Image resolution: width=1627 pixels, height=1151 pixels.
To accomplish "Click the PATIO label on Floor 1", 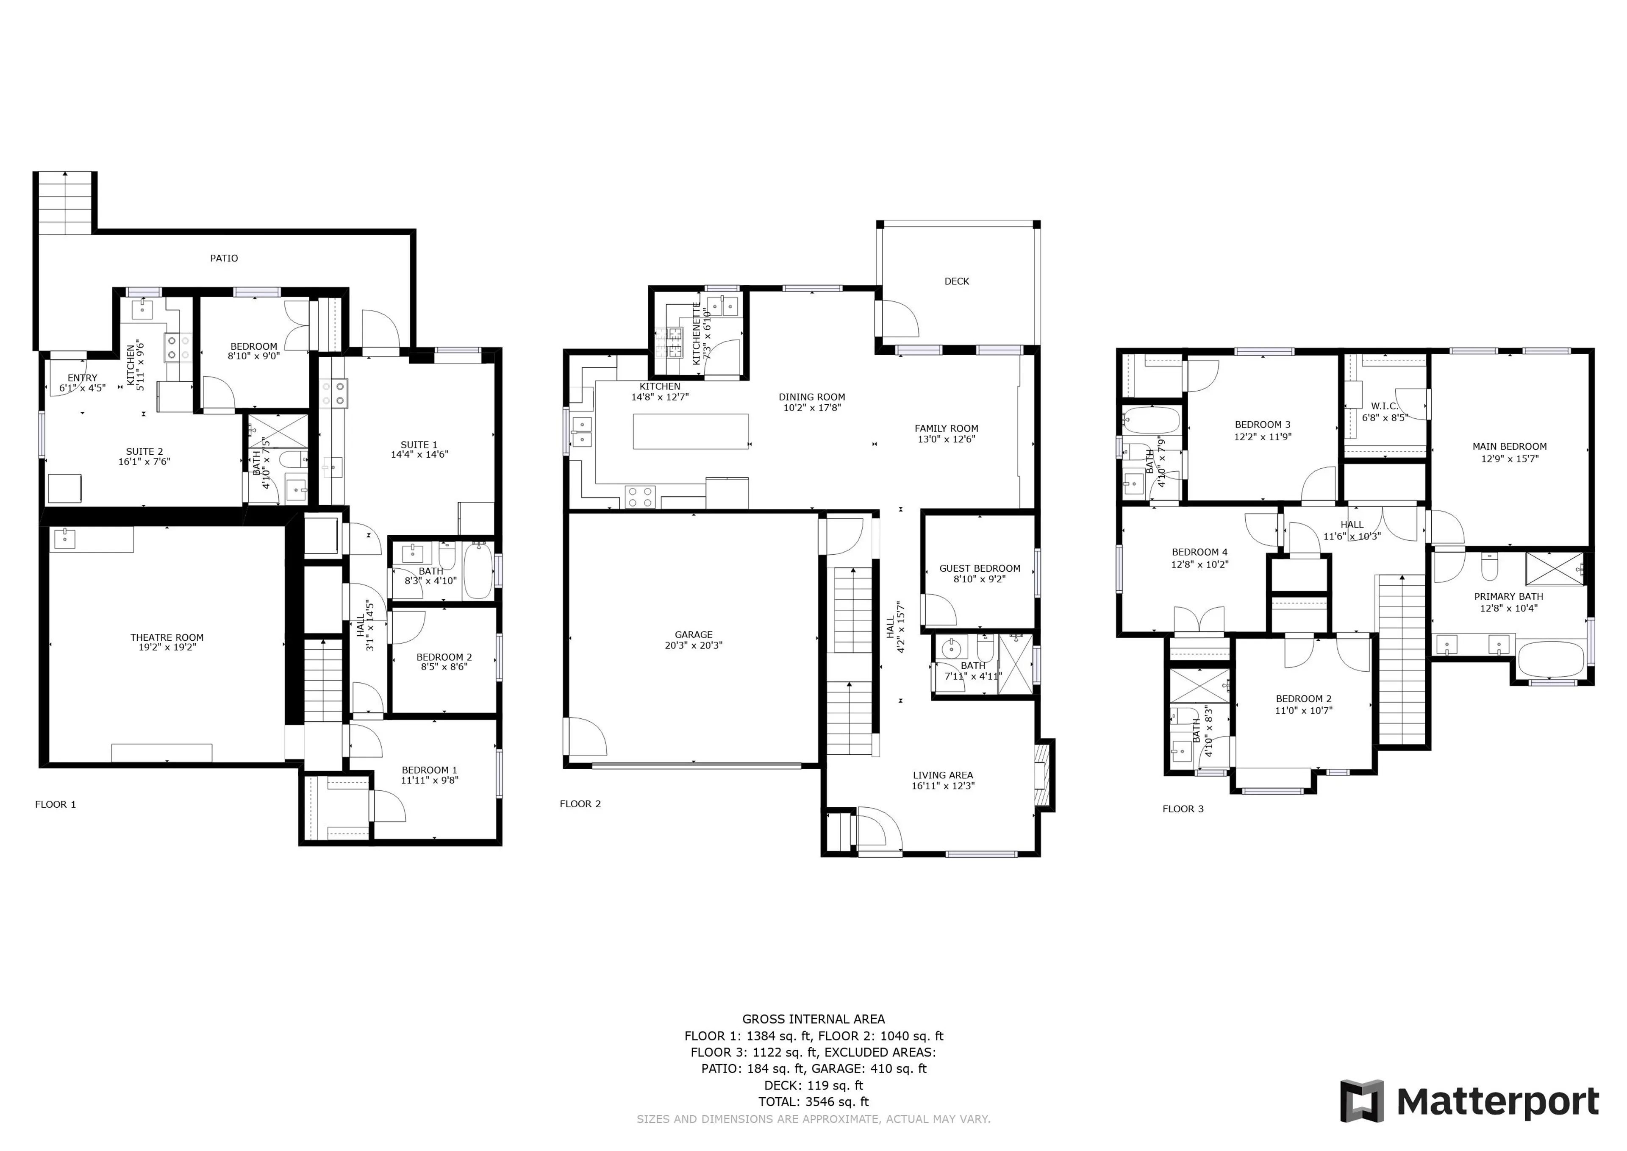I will [x=224, y=258].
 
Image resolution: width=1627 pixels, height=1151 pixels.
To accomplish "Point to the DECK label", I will [x=957, y=281].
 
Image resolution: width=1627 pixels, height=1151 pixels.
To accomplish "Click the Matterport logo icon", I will [x=1361, y=1101].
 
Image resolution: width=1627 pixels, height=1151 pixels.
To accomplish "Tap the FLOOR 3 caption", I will [x=1183, y=809].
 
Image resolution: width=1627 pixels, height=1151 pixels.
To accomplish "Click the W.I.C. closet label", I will [x=1384, y=406].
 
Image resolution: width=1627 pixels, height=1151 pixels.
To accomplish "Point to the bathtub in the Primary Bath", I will [x=1550, y=659].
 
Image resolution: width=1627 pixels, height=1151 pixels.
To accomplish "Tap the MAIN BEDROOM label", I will [x=1509, y=447].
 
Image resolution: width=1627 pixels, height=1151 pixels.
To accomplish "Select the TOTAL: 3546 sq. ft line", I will [x=813, y=1101].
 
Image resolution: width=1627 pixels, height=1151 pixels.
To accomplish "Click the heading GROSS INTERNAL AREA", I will [x=813, y=1019].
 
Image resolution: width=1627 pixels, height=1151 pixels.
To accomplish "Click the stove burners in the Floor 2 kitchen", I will [x=640, y=496].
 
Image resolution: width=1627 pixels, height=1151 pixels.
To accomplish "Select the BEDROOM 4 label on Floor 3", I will [x=1199, y=552].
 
